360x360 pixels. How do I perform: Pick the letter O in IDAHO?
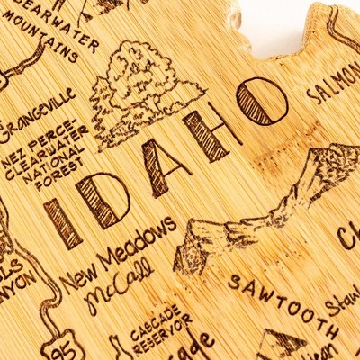click(261, 101)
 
